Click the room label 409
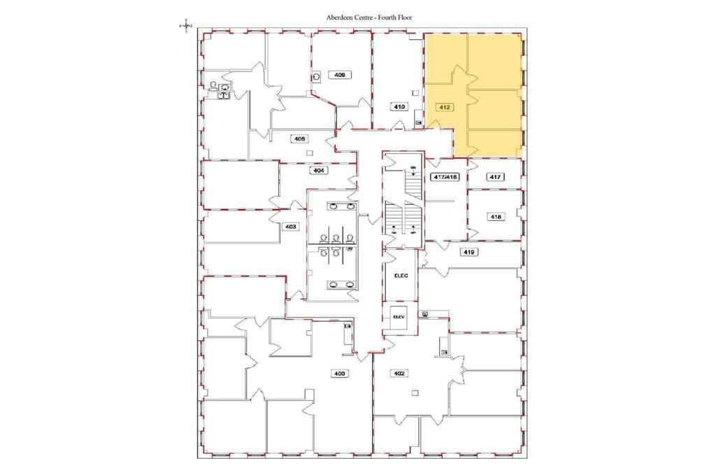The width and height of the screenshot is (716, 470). point(341,74)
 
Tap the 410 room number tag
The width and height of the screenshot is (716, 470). point(399,107)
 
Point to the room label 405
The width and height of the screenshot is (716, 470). point(299,138)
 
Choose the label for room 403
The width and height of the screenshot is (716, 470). point(290,226)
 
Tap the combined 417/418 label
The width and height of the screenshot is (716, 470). point(445,177)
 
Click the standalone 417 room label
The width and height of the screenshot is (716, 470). point(495,177)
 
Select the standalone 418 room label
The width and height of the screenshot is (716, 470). point(495,217)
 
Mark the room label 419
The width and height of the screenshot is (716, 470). point(469,251)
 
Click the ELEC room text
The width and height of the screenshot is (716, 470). point(401,276)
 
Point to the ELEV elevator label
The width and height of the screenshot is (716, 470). point(399,316)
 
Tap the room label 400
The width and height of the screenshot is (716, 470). point(340,373)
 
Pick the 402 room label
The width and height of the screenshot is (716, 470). point(400,373)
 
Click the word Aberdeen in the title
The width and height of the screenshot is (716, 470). point(342,17)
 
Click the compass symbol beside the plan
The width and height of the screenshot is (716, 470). point(186,25)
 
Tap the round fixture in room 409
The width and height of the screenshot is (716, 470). point(317,77)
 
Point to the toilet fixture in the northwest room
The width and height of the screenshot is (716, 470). point(212,85)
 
